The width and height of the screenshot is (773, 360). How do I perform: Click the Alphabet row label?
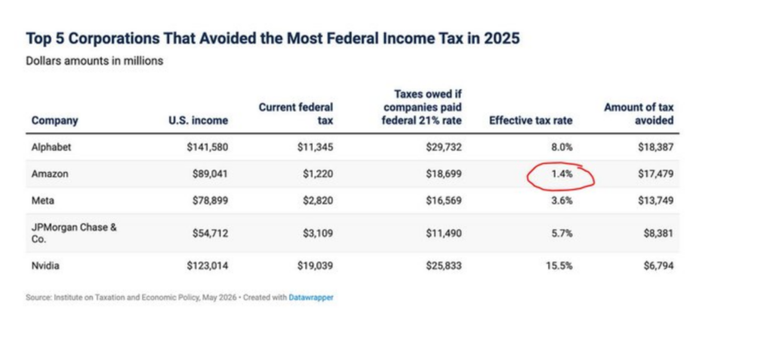click(x=51, y=146)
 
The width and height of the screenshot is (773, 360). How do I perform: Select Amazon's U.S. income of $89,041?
click(x=210, y=174)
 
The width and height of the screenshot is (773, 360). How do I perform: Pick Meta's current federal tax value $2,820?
click(x=316, y=200)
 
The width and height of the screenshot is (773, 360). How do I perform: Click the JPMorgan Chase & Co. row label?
click(x=74, y=232)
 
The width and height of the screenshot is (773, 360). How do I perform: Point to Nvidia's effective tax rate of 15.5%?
click(x=559, y=266)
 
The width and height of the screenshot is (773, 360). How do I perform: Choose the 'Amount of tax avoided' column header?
click(x=639, y=114)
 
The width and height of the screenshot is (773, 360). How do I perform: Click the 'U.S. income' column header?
click(x=199, y=120)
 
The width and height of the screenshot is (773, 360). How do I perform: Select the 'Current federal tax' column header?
click(x=296, y=114)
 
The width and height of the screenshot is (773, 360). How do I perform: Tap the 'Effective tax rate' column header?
click(x=531, y=120)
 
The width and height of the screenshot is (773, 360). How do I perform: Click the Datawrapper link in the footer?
click(x=311, y=297)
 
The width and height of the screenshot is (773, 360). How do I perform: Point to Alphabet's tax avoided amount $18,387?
click(x=656, y=146)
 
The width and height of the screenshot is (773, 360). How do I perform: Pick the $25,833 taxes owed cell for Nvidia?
click(x=444, y=266)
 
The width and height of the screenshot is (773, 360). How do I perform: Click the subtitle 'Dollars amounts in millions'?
click(x=94, y=61)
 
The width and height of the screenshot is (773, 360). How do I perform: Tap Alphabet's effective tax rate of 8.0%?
click(x=562, y=146)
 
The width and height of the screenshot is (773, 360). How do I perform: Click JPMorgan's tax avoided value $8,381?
click(x=658, y=232)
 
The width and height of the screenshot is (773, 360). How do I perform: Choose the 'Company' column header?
click(x=54, y=120)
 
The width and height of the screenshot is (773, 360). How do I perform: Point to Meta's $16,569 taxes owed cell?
click(x=444, y=200)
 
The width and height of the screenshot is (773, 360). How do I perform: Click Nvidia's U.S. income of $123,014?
click(x=208, y=266)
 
